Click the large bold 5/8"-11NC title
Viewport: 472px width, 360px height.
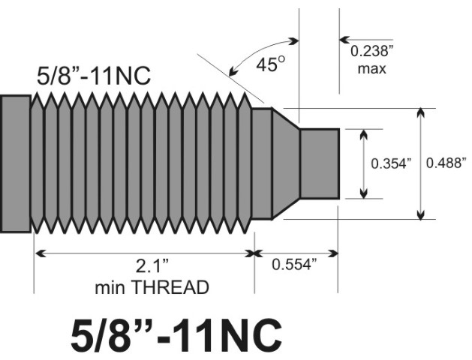point(176,334)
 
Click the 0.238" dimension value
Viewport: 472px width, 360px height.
point(371,52)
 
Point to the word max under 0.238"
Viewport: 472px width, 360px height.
point(371,69)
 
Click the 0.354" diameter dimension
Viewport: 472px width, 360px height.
point(392,163)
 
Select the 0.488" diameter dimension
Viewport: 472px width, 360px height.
point(446,163)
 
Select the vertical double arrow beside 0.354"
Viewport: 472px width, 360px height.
point(364,163)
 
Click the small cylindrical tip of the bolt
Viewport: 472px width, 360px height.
point(320,163)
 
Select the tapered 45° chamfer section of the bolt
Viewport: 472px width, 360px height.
point(286,163)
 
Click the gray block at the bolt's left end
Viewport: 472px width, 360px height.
point(15,163)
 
